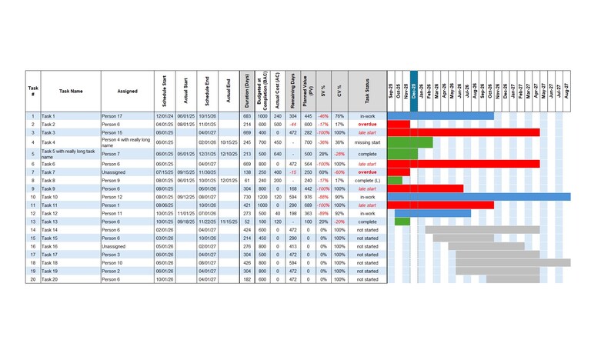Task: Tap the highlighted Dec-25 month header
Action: pyautogui.click(x=413, y=91)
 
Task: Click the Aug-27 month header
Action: pyautogui.click(x=566, y=91)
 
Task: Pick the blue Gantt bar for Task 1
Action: pyautogui.click(x=440, y=115)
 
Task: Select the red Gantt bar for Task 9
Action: pyautogui.click(x=425, y=188)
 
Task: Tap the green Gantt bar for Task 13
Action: pyautogui.click(x=402, y=222)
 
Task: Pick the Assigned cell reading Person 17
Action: pyautogui.click(x=112, y=115)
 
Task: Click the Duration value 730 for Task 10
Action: pyautogui.click(x=247, y=197)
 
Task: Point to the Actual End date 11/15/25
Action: pyautogui.click(x=229, y=222)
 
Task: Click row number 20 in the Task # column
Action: pyautogui.click(x=33, y=279)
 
